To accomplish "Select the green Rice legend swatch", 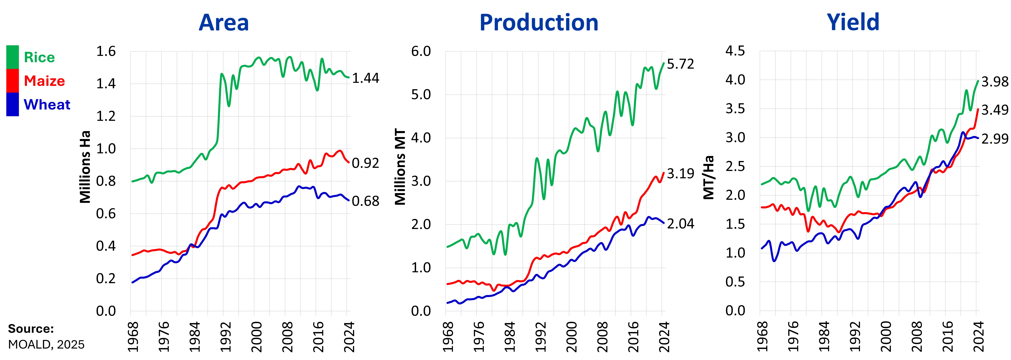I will click(13, 57).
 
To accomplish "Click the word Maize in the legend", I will click(44, 81).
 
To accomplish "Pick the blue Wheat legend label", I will click(47, 104).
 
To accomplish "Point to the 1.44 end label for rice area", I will click(365, 78).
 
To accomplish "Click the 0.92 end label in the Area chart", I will click(365, 163).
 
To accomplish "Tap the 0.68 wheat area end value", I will click(365, 201).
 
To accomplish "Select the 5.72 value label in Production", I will click(680, 64).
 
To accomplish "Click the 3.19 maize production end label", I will click(680, 173).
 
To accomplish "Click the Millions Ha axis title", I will click(85, 167).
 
